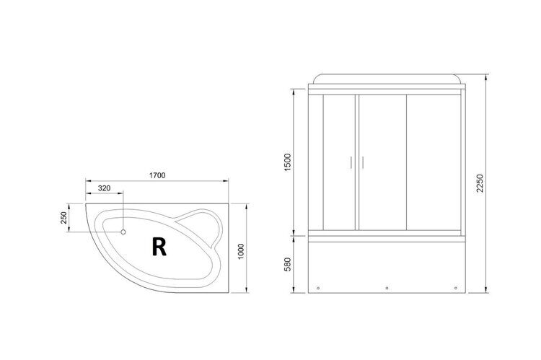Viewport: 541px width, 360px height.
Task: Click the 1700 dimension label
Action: (x=157, y=175)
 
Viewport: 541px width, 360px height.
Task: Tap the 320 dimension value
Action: (x=104, y=188)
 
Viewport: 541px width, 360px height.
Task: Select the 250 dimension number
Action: (x=63, y=218)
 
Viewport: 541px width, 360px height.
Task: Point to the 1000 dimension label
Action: (x=241, y=252)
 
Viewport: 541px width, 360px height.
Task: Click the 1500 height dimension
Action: (x=288, y=162)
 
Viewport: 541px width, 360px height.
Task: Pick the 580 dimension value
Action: (x=288, y=264)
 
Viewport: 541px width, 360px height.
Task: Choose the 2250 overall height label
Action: (x=480, y=183)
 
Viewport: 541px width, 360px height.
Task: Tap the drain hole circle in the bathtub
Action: (x=123, y=232)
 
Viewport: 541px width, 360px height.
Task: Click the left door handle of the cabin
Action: (x=351, y=162)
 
